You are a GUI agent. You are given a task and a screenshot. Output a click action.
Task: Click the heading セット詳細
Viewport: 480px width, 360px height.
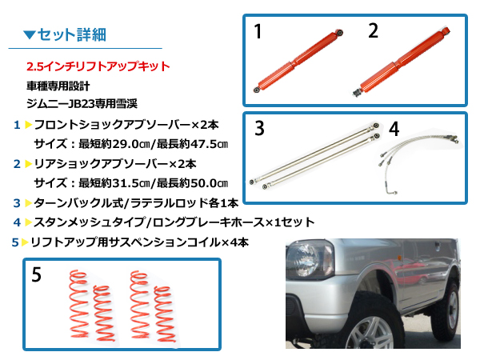click(72, 34)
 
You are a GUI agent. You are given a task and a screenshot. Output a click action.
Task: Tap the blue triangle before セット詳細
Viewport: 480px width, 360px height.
click(30, 34)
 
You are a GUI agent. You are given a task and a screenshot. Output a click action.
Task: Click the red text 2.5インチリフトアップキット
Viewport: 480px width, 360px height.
click(98, 66)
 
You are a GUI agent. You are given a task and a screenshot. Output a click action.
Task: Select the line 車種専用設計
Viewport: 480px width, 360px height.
click(58, 86)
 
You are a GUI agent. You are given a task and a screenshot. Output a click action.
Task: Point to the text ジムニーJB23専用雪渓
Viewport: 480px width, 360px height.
click(82, 104)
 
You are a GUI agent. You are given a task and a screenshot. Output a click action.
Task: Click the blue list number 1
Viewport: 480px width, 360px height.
click(17, 125)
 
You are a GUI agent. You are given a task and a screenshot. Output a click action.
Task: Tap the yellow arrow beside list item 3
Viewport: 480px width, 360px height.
click(29, 203)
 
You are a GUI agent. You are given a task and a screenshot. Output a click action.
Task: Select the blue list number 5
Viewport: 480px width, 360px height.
click(15, 242)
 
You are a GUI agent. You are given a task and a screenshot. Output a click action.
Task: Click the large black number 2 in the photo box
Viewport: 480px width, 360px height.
click(373, 30)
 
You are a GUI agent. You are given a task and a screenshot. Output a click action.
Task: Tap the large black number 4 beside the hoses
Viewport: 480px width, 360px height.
click(394, 129)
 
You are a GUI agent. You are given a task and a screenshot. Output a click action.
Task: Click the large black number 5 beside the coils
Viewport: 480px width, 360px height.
click(37, 274)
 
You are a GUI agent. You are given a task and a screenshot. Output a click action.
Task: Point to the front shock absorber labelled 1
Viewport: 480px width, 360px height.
click(298, 61)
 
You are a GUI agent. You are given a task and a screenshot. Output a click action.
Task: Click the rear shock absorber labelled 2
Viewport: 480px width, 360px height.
click(402, 62)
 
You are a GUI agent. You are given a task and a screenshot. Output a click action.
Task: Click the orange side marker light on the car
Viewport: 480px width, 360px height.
click(399, 257)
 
